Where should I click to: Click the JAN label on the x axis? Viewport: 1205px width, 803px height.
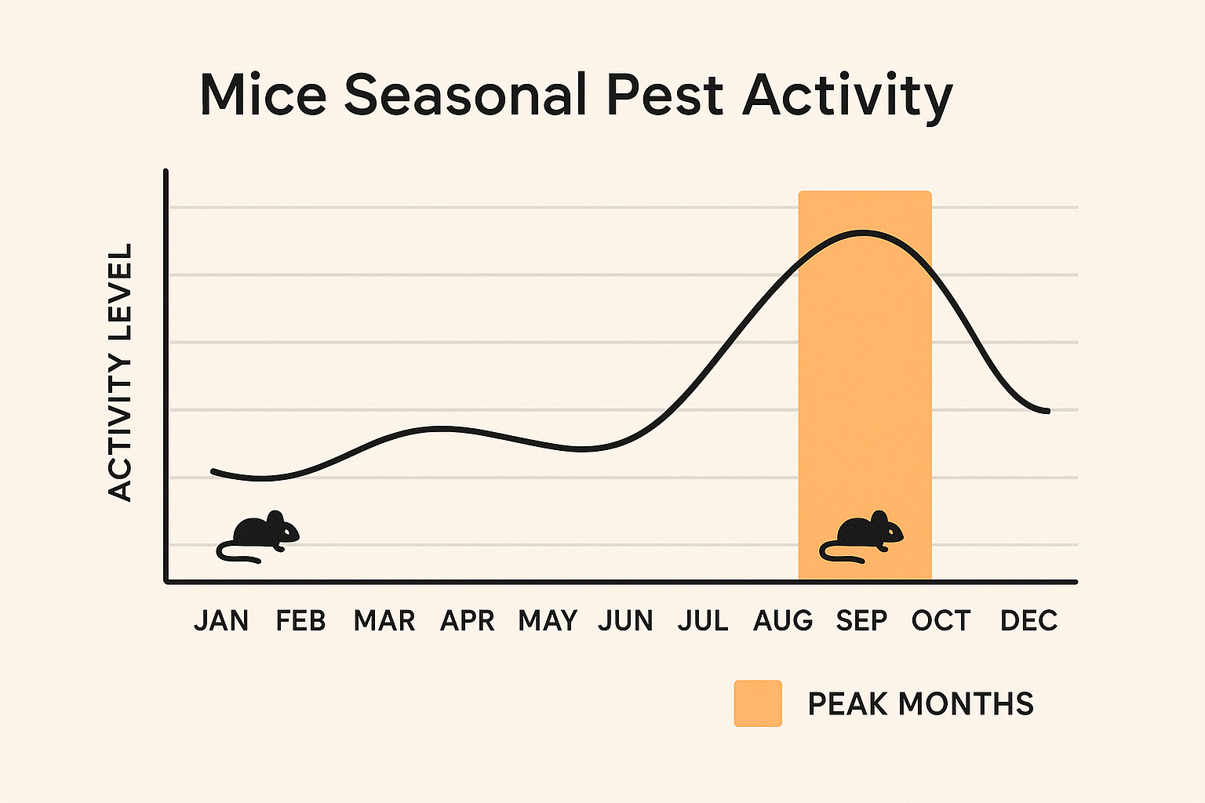tap(221, 621)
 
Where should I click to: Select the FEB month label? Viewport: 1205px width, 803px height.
tap(300, 621)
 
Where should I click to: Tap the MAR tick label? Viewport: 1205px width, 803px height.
tap(384, 621)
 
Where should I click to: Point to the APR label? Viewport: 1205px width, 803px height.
tap(468, 621)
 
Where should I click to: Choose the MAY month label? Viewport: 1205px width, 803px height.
tap(548, 621)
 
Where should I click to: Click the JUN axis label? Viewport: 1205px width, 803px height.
tap(625, 621)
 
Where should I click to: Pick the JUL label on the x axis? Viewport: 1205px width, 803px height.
tap(703, 621)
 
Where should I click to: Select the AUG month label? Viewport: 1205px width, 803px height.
tap(783, 621)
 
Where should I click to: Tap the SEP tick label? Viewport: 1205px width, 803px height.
tap(861, 621)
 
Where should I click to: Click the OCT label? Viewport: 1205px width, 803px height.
tap(941, 621)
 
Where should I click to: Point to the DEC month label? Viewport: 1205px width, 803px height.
tap(1028, 621)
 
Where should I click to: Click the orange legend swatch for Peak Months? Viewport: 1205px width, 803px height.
tap(758, 703)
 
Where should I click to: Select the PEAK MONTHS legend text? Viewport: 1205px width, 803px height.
tap(920, 704)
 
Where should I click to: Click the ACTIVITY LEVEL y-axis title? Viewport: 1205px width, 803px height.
tap(120, 372)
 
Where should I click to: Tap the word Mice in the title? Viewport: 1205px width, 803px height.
tap(263, 95)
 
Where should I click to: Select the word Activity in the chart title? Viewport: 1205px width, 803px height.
tap(847, 96)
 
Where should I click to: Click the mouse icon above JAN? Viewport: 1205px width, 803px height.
tap(259, 537)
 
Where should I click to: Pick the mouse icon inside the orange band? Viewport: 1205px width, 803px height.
tap(862, 537)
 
